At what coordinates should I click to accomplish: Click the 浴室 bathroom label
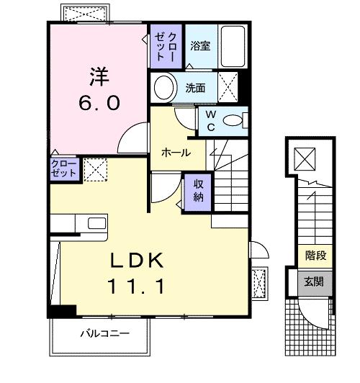200,45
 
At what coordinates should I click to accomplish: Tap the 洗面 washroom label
196,88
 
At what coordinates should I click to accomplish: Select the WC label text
211,120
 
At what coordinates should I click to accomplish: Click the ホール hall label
176,153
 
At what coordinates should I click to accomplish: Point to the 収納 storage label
199,191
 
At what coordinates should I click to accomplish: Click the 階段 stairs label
315,256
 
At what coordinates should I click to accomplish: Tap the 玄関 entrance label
315,281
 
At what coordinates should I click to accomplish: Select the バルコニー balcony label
104,333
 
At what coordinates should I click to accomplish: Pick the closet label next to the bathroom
166,45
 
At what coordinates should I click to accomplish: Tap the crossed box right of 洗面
230,89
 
